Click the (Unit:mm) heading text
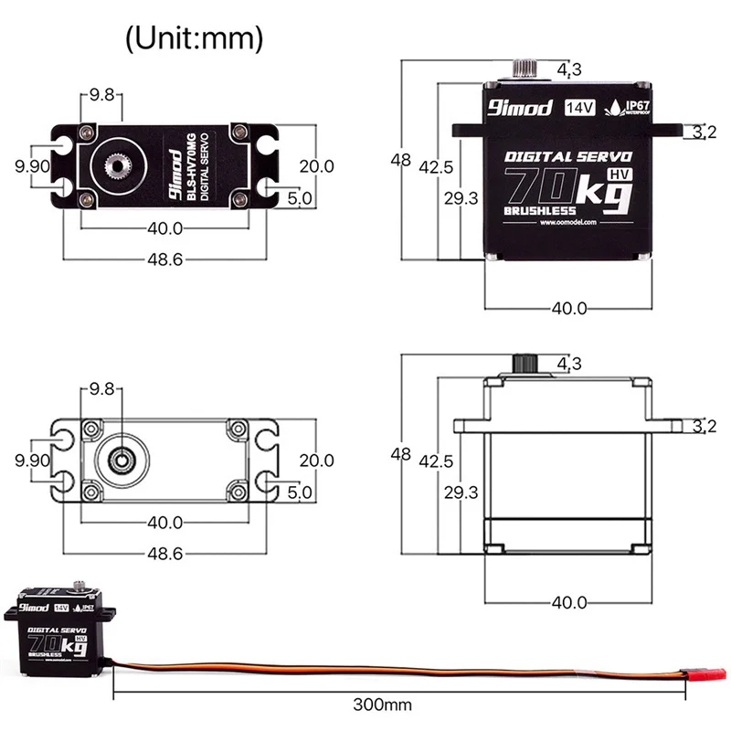194,38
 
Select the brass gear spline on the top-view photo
118,166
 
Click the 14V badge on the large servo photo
579,107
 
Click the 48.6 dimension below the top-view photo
165,260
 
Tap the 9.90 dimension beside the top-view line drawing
32,461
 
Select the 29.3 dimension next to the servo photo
461,198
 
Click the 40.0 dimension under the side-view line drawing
568,602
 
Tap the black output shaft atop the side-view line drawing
524,363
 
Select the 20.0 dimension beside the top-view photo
317,166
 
